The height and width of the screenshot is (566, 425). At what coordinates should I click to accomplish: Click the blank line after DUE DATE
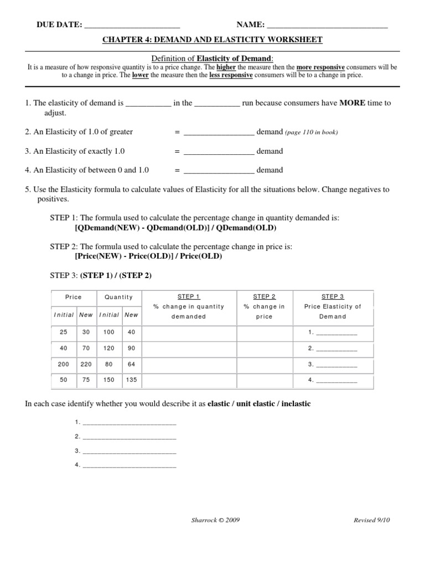tap(132, 25)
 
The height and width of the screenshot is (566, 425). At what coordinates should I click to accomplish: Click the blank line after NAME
tap(327, 25)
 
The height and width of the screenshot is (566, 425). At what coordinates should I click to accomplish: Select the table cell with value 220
tap(86, 364)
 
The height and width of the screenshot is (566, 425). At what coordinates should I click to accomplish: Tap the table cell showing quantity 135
tap(131, 380)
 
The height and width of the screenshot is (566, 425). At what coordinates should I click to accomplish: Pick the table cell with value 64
tap(131, 364)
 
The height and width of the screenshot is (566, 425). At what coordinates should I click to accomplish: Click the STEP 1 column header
tap(189, 297)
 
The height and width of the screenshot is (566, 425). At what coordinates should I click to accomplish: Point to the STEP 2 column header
tap(265, 297)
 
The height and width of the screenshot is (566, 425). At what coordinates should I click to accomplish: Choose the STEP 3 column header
tap(333, 297)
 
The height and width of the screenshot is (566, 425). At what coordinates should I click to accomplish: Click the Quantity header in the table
tap(119, 297)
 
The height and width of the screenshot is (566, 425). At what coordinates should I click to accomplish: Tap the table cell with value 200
tap(64, 364)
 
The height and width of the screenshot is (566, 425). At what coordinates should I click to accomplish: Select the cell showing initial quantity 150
tap(109, 380)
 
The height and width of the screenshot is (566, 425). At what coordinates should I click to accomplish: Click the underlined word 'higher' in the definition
tap(226, 67)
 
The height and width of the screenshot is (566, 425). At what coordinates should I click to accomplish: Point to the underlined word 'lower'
tap(140, 75)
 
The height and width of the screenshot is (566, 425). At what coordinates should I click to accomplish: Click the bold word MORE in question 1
tap(352, 103)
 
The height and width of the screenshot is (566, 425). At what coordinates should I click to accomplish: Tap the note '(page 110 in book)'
tap(312, 133)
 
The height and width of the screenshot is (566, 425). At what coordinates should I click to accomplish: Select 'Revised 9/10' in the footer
tap(375, 520)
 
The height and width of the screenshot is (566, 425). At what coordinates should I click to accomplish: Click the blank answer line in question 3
tap(219, 152)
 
